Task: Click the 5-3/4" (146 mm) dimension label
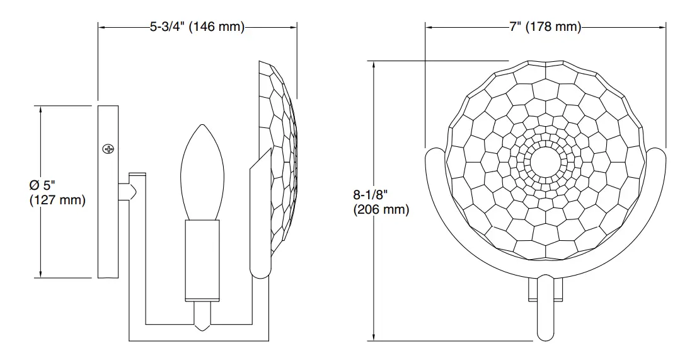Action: point(197,27)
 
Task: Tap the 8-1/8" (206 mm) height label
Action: point(381,202)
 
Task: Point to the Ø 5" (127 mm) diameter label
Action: point(57,193)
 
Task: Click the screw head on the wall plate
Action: point(109,149)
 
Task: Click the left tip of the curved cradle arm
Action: point(433,155)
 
